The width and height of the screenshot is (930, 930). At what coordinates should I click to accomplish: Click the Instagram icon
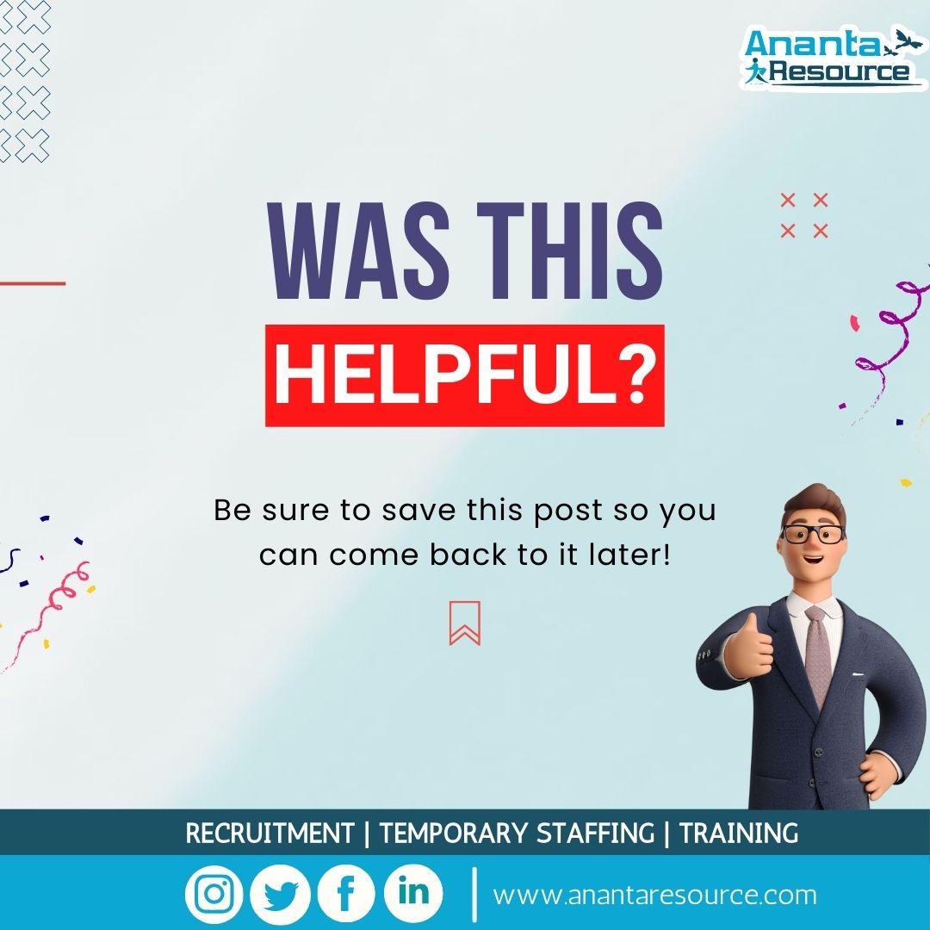point(214,894)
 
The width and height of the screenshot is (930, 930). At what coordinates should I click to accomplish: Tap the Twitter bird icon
point(280,894)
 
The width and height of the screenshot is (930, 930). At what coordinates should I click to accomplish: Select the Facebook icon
point(346,894)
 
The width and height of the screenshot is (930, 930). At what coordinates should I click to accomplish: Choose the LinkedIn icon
point(413,892)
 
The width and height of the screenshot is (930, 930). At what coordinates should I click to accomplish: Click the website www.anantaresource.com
point(654,895)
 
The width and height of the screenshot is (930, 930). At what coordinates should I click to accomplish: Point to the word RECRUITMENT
point(270,834)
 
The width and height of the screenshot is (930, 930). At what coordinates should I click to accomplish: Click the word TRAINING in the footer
point(738,834)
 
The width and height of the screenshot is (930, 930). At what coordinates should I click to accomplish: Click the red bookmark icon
point(465,623)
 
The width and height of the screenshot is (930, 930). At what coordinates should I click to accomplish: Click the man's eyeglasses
point(813,533)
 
